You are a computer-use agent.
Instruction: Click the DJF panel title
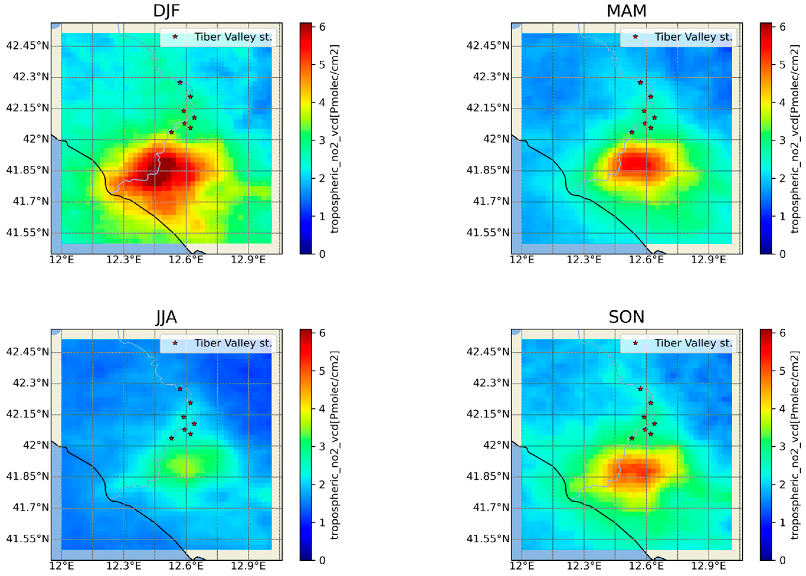(x=166, y=11)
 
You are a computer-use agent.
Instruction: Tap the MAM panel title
(x=626, y=11)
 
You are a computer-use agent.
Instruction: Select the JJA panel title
(x=166, y=317)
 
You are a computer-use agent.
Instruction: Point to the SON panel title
(x=626, y=317)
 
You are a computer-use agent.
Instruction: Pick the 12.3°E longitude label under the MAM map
(x=584, y=260)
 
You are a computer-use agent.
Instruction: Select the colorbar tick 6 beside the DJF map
(x=322, y=27)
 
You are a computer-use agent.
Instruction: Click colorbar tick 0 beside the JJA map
(x=322, y=560)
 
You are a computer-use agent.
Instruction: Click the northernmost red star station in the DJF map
(x=180, y=83)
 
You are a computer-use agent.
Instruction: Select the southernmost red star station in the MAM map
(x=631, y=132)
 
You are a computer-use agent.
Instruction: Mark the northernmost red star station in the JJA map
(x=180, y=389)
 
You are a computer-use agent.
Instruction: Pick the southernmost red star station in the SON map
(x=631, y=438)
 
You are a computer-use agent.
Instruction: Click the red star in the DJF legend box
(x=175, y=37)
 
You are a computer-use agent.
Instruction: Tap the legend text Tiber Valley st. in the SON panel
(x=693, y=343)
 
